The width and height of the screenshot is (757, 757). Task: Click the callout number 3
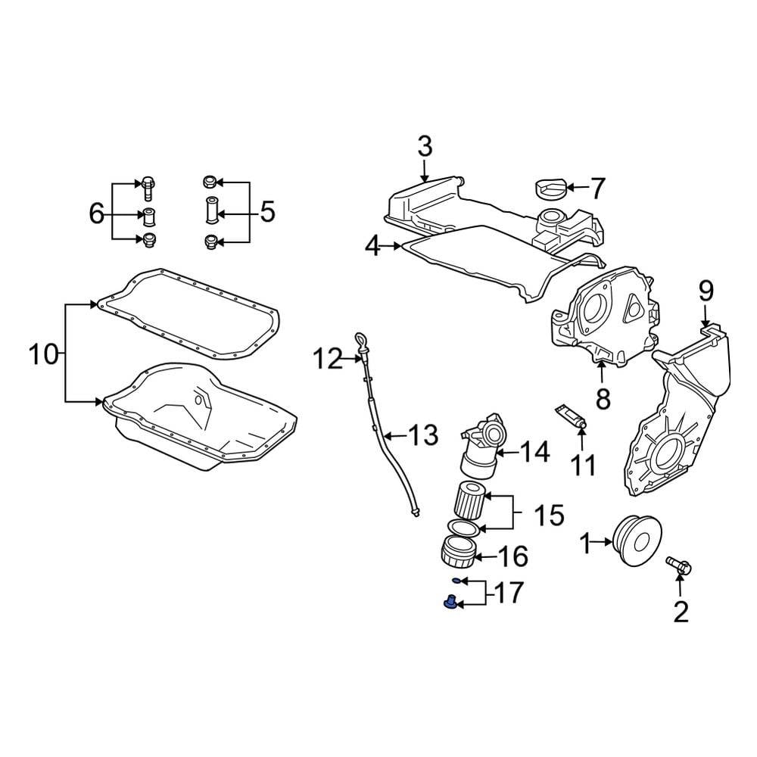point(425,147)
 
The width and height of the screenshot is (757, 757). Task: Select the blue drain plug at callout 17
point(450,603)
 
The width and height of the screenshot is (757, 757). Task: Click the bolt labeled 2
point(679,565)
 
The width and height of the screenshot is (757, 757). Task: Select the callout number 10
point(43,355)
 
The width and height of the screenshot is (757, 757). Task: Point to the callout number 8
point(603,399)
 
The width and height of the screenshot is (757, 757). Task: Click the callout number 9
point(706,291)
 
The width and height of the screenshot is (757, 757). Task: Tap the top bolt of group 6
point(148,187)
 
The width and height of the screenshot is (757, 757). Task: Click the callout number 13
point(423,435)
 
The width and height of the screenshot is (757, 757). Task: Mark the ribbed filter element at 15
point(469,500)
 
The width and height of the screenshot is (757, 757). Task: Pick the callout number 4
point(373,247)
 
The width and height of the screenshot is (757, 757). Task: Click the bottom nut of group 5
point(210,242)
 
